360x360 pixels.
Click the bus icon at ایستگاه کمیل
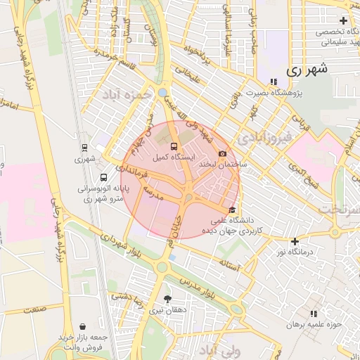pyautogui.click(x=174, y=146)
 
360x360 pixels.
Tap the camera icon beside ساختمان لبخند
pyautogui.click(x=223, y=153)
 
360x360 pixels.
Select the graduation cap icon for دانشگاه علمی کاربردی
pyautogui.click(x=233, y=210)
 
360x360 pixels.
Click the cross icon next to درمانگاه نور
pyautogui.click(x=294, y=241)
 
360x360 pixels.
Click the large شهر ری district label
pyautogui.click(x=308, y=70)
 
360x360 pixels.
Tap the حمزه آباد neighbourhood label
pyautogui.click(x=127, y=94)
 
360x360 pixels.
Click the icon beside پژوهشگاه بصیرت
pyautogui.click(x=273, y=82)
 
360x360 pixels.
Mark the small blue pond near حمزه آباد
pyautogui.click(x=163, y=92)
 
